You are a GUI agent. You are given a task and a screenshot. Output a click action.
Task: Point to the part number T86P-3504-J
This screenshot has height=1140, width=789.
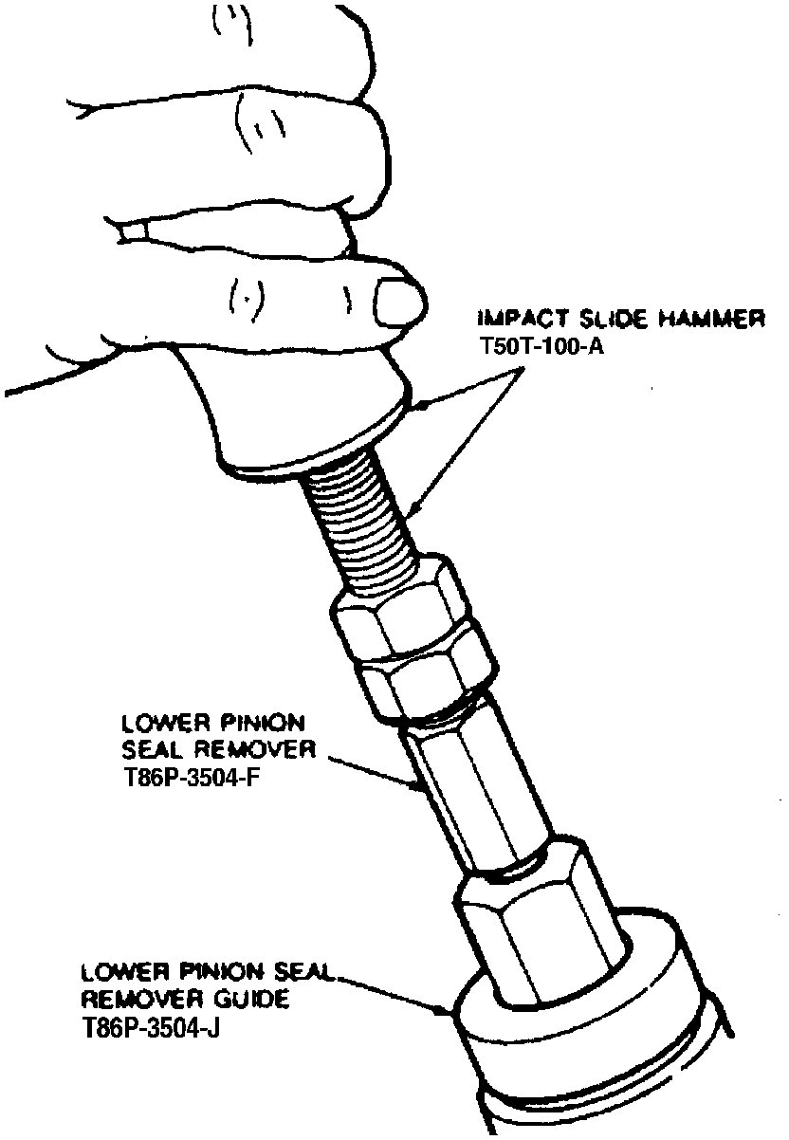139,1028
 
